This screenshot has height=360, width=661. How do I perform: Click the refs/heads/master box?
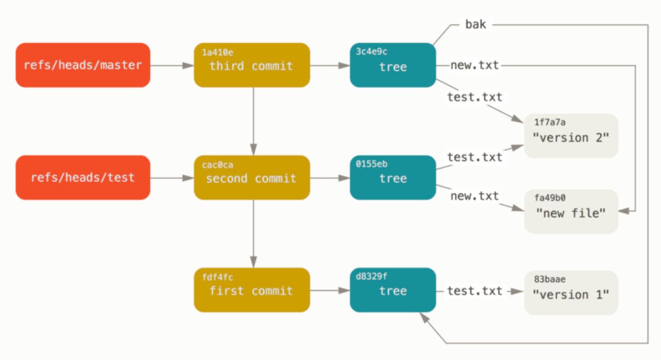(x=83, y=65)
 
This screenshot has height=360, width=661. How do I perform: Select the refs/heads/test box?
(x=83, y=178)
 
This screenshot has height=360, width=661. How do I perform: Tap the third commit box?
(x=251, y=65)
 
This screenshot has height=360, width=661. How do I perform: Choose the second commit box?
(x=251, y=178)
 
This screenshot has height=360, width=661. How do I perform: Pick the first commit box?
(x=251, y=290)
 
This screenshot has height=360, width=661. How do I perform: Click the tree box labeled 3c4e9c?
(x=393, y=65)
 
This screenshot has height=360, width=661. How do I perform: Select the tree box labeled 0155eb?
(x=393, y=178)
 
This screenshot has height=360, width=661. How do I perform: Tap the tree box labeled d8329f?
(x=393, y=290)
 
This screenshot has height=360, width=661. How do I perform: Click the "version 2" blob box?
(x=571, y=136)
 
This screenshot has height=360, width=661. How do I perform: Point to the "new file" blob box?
(x=571, y=211)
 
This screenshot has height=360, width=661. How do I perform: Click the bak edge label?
(x=475, y=24)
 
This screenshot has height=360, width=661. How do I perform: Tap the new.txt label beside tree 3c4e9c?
(x=474, y=65)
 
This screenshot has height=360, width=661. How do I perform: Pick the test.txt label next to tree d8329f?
(x=474, y=291)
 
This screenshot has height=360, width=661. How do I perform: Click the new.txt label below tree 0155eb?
(x=474, y=196)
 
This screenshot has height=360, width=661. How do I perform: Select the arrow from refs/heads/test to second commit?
(x=172, y=178)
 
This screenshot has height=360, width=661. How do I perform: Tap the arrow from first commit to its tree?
(x=330, y=290)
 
